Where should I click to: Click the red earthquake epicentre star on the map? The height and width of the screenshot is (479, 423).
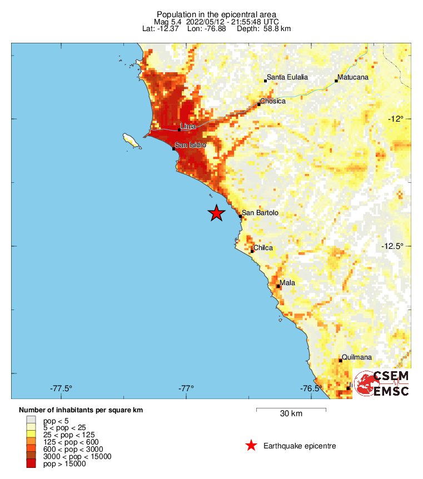coord(216,213)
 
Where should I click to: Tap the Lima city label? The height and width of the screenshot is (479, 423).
coord(188,127)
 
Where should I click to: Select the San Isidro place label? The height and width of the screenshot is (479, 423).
coord(190,145)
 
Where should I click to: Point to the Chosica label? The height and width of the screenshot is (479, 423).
coord(273,101)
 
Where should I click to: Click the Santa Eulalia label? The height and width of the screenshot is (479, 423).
coord(287,77)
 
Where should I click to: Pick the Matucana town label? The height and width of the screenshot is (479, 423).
coord(354,77)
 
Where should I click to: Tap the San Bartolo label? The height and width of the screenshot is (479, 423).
coord(260,213)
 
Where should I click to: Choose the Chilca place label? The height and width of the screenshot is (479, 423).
coord(263,248)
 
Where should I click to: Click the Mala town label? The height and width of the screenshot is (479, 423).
coord(287,283)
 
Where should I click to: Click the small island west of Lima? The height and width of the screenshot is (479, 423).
coord(132,139)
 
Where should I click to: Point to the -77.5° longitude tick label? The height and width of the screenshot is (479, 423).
coord(61,388)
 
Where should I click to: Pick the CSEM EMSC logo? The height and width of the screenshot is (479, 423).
coord(382,383)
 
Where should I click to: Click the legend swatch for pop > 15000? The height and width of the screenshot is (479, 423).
coord(31,464)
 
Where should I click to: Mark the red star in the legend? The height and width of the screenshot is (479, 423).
coord(251,445)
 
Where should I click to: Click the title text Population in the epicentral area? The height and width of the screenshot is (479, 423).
coord(216,14)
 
